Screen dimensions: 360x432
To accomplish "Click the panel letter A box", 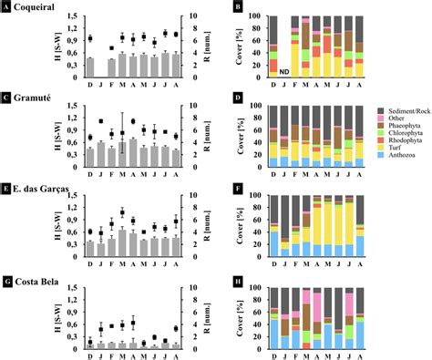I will pos(6,7).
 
